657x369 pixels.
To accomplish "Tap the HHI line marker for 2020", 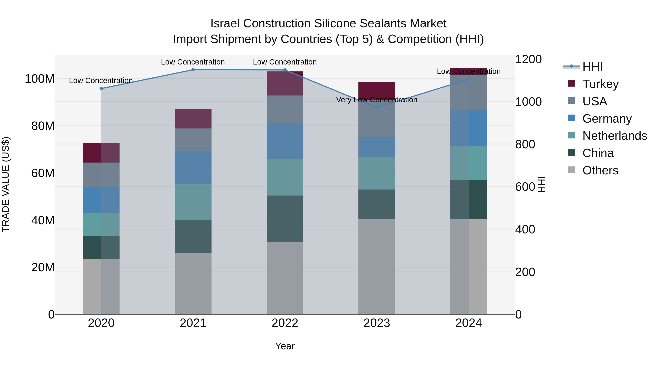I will (101, 89).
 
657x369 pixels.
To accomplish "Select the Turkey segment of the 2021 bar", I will (193, 119).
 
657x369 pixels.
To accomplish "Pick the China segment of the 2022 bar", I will (285, 218).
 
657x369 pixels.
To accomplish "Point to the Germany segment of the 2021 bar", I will (193, 168).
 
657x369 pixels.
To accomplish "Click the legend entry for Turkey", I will (600, 84).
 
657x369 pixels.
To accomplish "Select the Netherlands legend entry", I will (614, 136).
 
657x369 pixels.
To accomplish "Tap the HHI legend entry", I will (592, 67).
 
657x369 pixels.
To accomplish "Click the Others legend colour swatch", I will (572, 170).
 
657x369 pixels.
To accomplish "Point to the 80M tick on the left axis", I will (43, 126).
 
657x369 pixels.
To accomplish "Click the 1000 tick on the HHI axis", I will (528, 102).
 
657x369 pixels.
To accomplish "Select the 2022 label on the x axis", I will (285, 323).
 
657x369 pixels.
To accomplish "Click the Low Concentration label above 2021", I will (193, 62).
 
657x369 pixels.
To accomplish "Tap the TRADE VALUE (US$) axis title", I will (6, 184).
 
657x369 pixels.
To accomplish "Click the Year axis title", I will (285, 346).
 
